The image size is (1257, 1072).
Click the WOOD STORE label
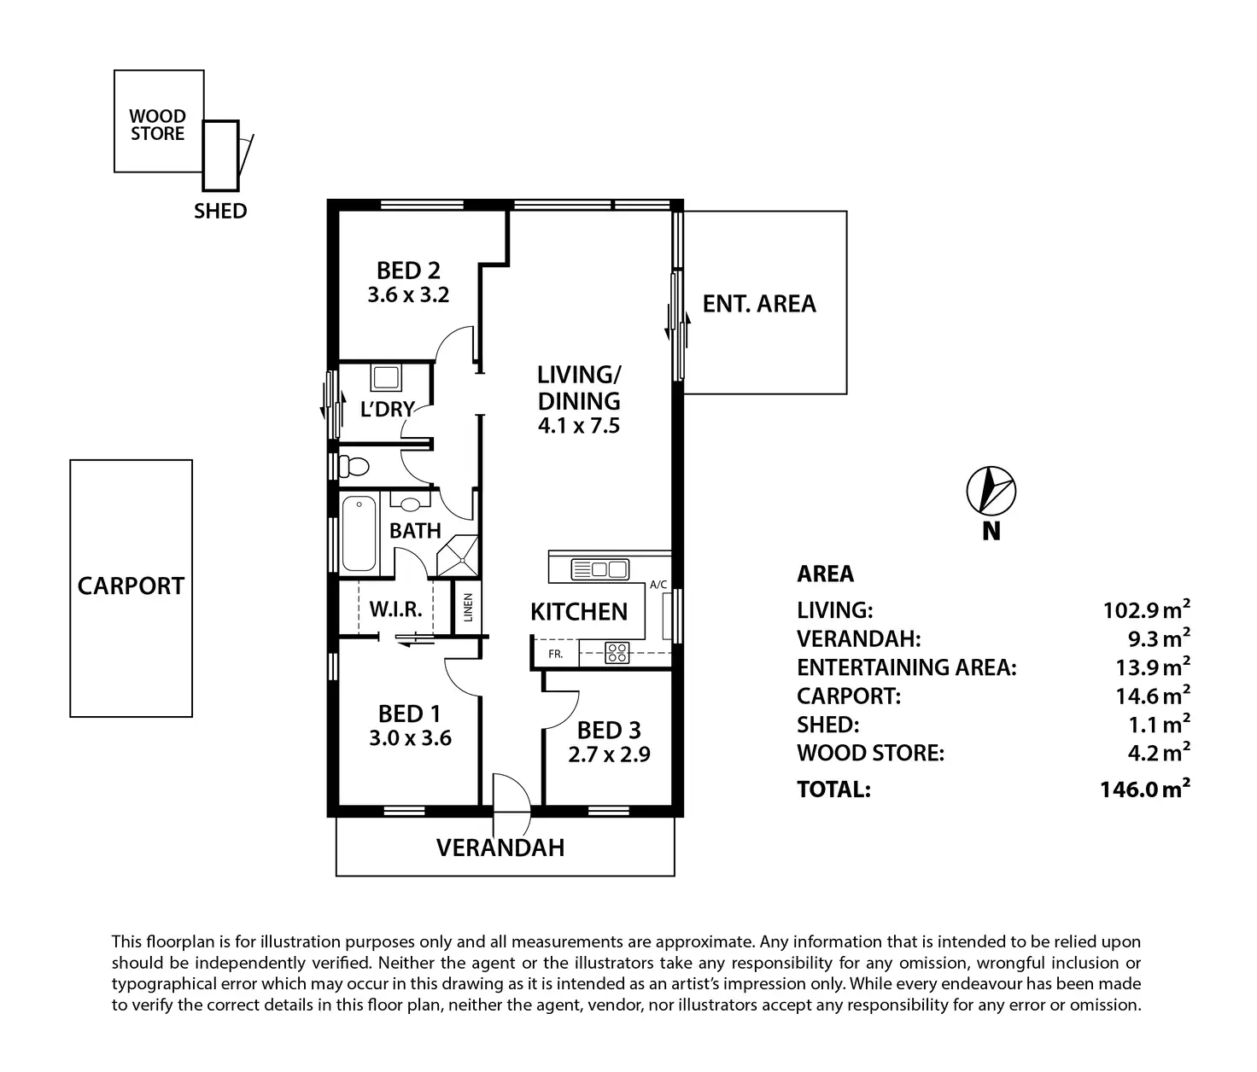coord(158,125)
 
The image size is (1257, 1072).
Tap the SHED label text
coord(220,211)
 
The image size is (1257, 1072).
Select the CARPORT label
coord(131,586)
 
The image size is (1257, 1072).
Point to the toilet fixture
coord(352,466)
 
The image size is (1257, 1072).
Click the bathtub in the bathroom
coord(360,534)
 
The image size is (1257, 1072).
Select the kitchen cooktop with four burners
coord(617,653)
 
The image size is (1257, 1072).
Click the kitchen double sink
coord(599,569)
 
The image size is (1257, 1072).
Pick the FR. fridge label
coord(556,654)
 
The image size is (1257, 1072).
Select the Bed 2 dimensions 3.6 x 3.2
coord(409,295)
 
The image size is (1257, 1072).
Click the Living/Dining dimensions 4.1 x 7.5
coord(579,425)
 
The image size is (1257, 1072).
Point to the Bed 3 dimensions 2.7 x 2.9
coord(609,754)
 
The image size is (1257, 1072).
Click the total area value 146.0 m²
coord(1145,789)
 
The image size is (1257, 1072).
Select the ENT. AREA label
coord(759,304)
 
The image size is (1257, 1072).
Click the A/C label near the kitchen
coord(658,585)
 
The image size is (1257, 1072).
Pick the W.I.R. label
coord(396,610)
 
